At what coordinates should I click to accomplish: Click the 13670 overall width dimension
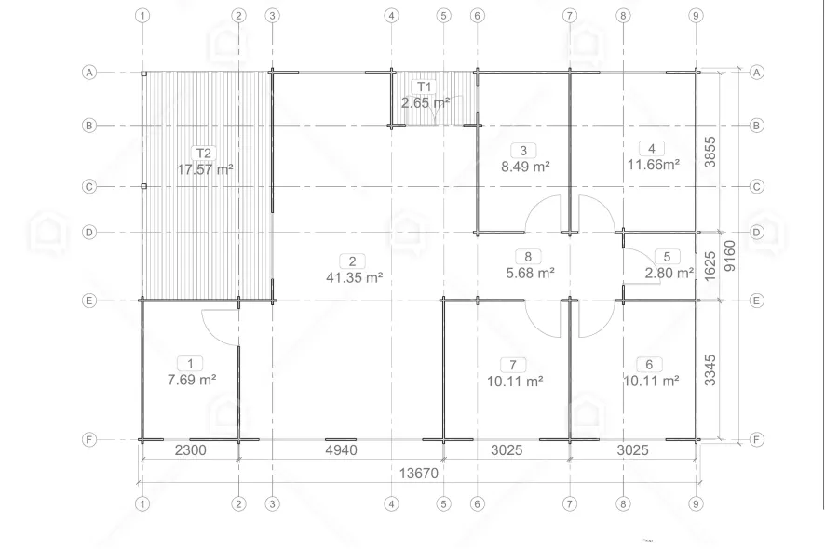click(x=419, y=474)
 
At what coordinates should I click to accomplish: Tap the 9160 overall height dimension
click(x=730, y=256)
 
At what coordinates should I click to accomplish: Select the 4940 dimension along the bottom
click(x=342, y=450)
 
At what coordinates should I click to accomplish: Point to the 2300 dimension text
click(x=191, y=450)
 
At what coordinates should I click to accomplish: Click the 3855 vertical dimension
click(x=710, y=152)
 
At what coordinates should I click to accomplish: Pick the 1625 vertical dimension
click(x=710, y=266)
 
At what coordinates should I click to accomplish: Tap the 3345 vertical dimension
click(x=710, y=370)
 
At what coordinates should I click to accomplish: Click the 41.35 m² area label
click(x=354, y=277)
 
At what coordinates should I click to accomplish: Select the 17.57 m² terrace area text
click(x=205, y=169)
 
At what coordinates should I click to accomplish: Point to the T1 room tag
click(x=424, y=87)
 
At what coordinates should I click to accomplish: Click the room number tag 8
click(x=528, y=257)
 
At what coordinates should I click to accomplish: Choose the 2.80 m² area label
click(x=669, y=273)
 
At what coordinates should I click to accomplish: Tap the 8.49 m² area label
click(x=525, y=167)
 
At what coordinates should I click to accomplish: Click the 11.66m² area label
click(x=653, y=165)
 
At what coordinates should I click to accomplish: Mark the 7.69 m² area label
click(x=192, y=379)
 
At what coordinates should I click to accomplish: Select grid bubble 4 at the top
click(x=391, y=16)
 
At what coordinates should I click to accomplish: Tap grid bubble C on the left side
click(x=88, y=187)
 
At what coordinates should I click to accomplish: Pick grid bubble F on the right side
click(x=757, y=439)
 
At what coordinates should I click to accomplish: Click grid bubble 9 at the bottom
click(x=696, y=503)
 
